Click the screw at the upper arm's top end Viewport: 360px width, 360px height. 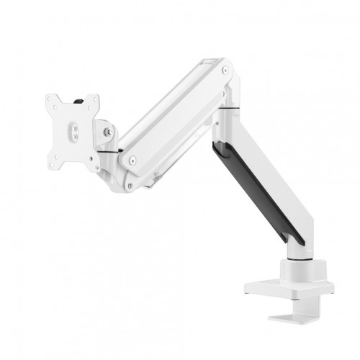(225, 71)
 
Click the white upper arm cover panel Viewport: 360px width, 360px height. (176, 115)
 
